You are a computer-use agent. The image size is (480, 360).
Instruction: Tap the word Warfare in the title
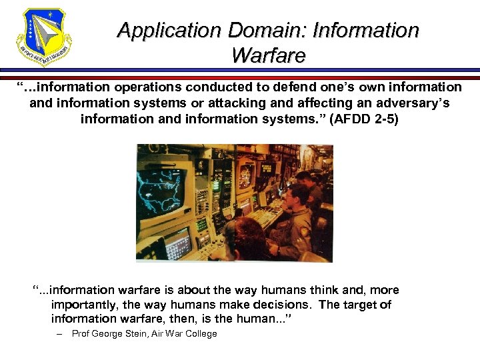pyautogui.click(x=268, y=55)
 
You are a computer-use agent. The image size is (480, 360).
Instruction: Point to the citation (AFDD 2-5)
pyautogui.click(x=364, y=119)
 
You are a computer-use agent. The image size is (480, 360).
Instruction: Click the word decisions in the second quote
pyautogui.click(x=285, y=305)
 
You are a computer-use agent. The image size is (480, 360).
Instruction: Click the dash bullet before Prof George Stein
pyautogui.click(x=60, y=334)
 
